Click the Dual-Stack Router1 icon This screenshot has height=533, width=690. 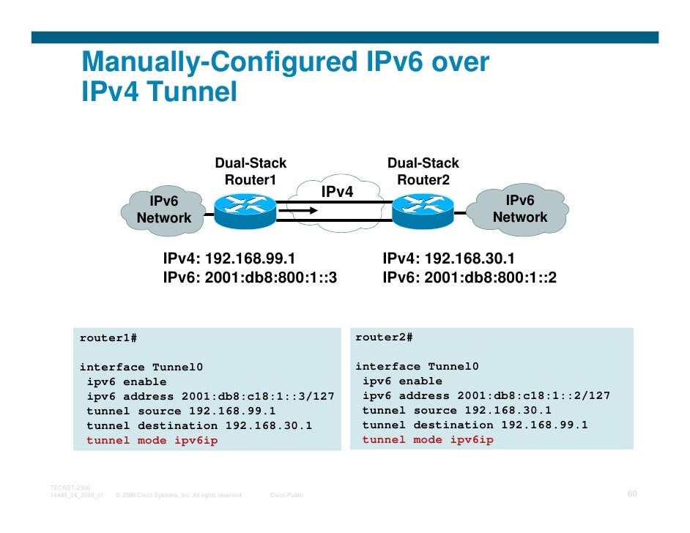[245, 208]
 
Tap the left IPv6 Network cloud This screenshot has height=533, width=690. [164, 209]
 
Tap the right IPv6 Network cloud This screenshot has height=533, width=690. [520, 209]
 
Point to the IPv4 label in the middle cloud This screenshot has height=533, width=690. [337, 192]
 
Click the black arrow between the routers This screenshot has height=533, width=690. [308, 211]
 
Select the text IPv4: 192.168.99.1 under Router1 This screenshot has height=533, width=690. [229, 259]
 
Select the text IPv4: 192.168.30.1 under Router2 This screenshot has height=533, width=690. [448, 259]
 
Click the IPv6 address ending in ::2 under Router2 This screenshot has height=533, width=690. [470, 277]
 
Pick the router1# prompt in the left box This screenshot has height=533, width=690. [108, 338]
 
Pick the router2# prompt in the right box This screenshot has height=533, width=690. [384, 338]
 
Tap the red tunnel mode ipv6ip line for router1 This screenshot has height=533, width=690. [152, 441]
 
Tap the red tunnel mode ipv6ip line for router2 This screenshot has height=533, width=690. [428, 440]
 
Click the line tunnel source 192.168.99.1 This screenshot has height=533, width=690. [181, 411]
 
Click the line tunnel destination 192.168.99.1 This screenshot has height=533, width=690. [475, 425]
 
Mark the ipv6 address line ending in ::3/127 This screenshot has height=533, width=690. [210, 397]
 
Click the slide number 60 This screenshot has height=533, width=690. [632, 494]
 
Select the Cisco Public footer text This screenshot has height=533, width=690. [287, 496]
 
